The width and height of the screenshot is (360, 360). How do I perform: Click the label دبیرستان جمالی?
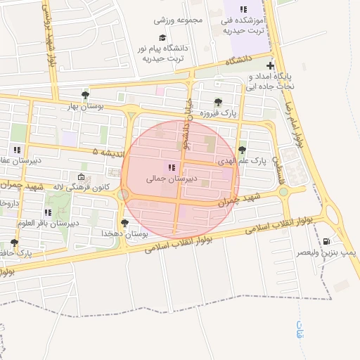coord(169,179)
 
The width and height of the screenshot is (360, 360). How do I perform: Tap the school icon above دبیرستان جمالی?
coord(171,167)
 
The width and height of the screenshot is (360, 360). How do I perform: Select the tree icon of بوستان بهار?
coord(86,94)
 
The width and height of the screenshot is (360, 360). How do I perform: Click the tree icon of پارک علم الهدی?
coord(243,150)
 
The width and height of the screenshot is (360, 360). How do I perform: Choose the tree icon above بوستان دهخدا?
coord(125,223)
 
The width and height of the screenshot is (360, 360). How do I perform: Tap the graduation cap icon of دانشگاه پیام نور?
coord(162,37)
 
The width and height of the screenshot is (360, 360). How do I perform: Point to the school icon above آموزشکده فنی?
coord(243,9)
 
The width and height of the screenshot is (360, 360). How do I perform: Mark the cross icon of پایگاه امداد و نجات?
coord(270,65)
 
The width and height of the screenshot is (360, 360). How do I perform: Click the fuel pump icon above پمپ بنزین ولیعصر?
coord(326,241)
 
